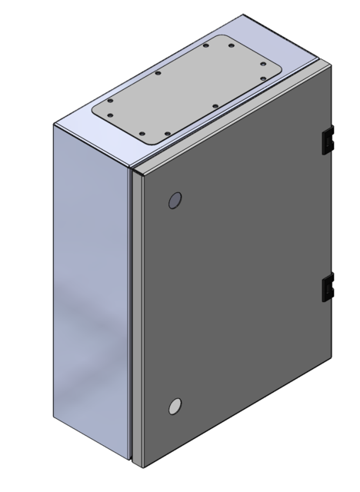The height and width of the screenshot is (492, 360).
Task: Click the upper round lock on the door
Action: coord(174,201)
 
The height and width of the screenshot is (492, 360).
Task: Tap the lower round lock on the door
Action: coord(175,406)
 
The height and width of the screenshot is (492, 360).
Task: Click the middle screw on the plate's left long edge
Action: coord(157,74)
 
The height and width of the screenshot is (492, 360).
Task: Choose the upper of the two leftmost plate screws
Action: coord(109,102)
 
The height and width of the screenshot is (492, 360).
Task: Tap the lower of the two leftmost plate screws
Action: coord(109,116)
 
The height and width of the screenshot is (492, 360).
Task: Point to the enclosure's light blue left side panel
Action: coord(88,292)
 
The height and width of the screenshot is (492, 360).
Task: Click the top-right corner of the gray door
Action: coord(332,68)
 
